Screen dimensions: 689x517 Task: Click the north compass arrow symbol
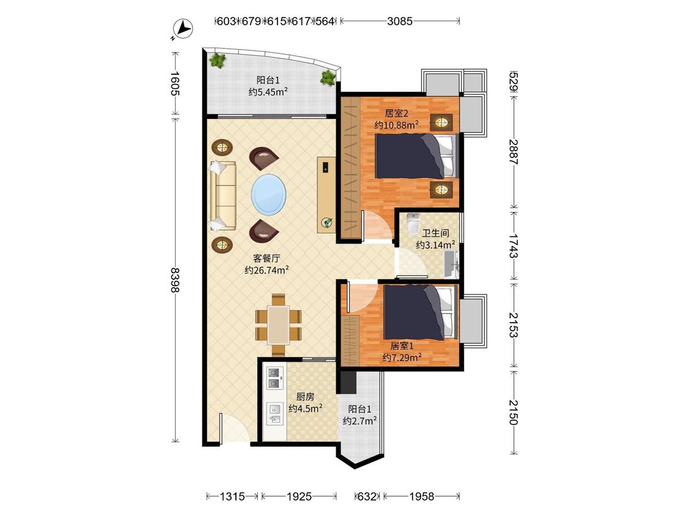coord(183,29)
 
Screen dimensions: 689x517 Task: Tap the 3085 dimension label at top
coord(399,21)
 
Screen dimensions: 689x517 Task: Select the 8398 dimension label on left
coord(175,279)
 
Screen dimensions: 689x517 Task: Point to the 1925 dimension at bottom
coord(299,497)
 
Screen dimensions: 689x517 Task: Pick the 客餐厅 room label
coord(266,258)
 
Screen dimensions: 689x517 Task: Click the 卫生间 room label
coord(435,233)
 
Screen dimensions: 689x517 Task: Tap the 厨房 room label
coord(305,397)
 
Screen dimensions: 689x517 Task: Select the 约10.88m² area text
coord(396,126)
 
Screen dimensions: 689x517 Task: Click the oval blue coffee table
coord(268,194)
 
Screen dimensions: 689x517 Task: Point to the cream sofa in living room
coord(223,195)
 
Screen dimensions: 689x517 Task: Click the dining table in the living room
coord(279,325)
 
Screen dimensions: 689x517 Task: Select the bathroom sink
coord(452,264)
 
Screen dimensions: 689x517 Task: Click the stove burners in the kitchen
coord(274,378)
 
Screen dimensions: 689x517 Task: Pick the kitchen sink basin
coord(274,413)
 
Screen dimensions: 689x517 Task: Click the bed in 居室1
coord(420,312)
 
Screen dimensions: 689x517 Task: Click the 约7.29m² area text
coord(402,358)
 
